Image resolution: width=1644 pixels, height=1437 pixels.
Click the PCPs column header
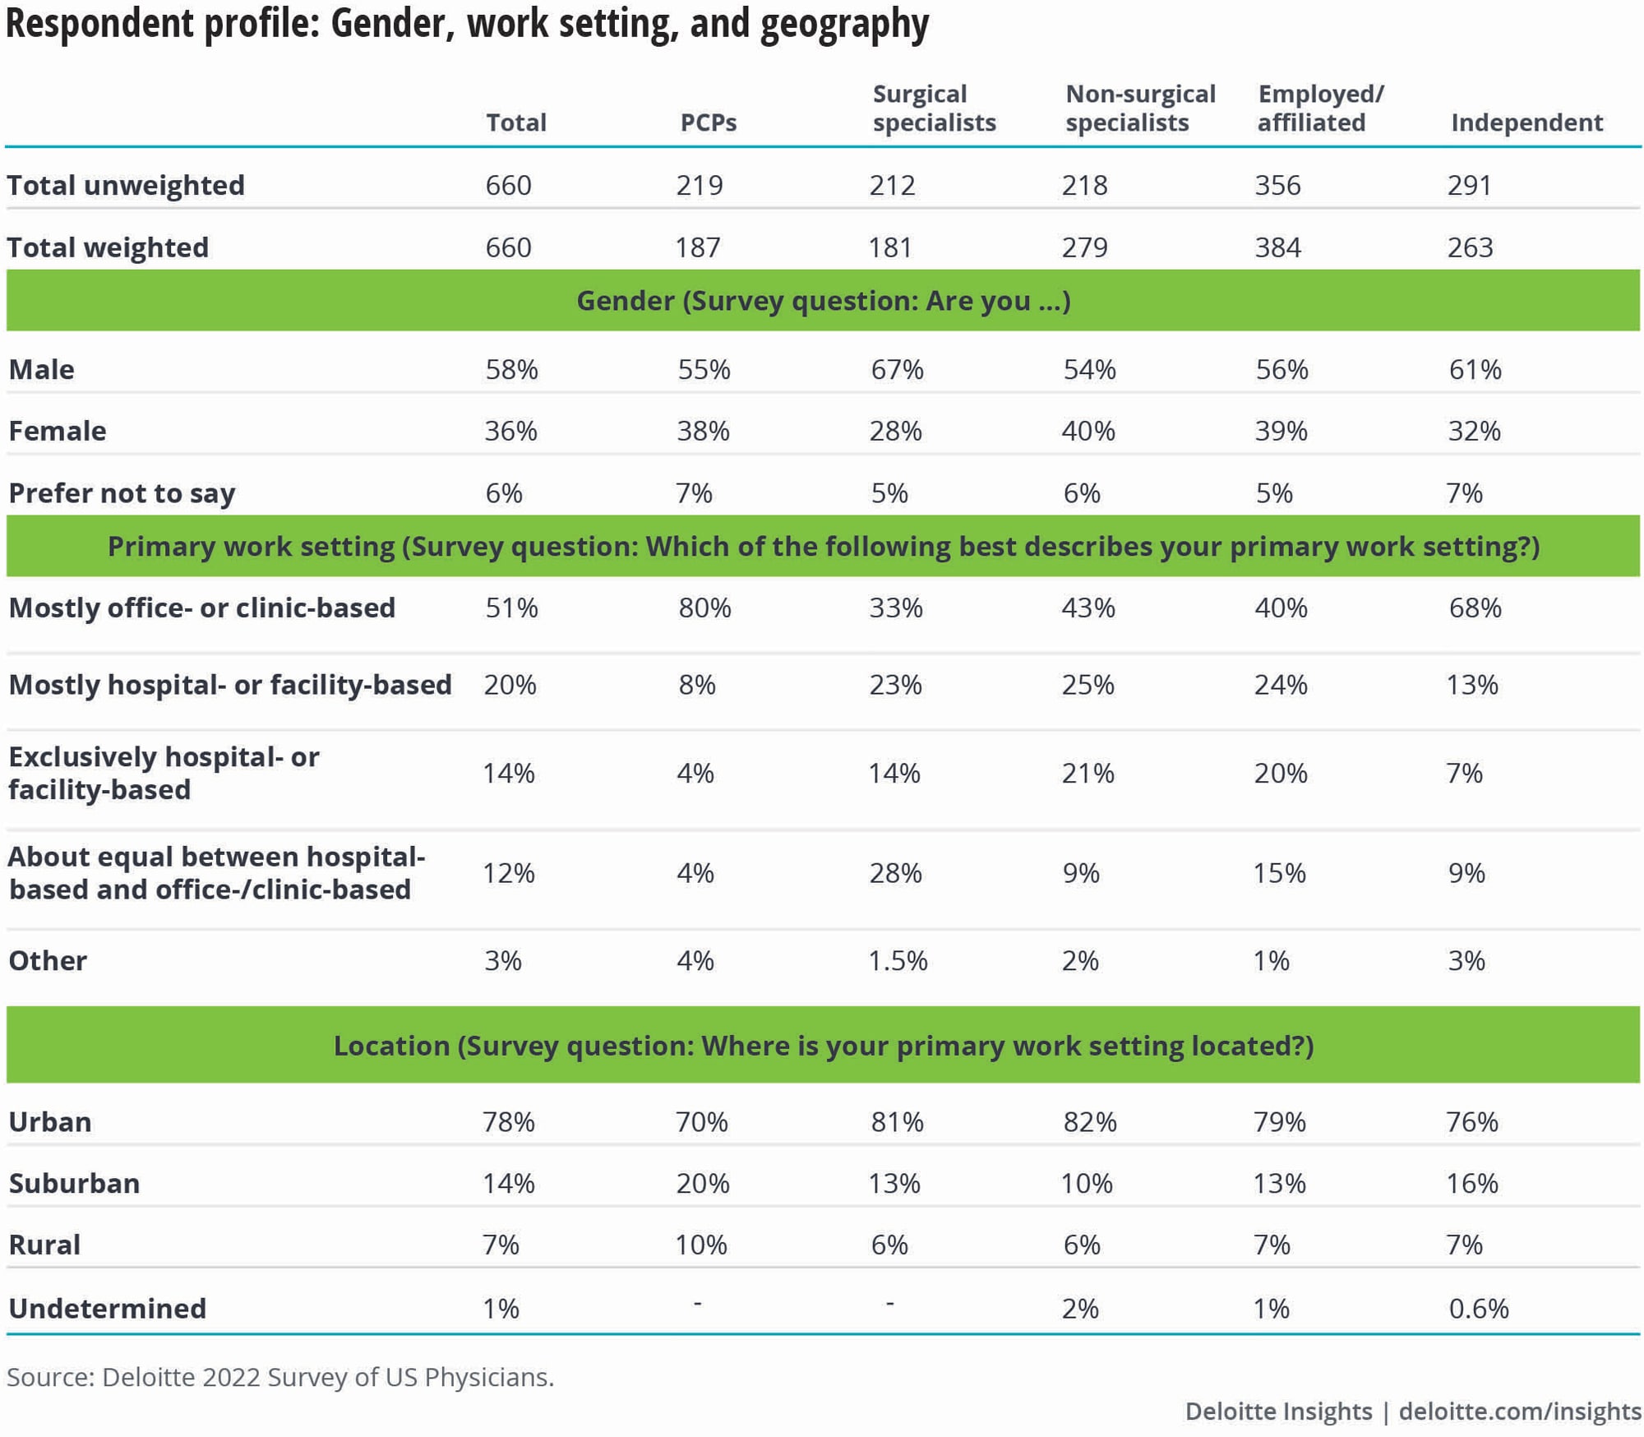click(708, 122)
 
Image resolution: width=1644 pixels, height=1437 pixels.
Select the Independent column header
click(1526, 122)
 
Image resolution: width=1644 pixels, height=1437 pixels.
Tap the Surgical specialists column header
click(934, 109)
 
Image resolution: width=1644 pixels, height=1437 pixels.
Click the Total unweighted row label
click(126, 185)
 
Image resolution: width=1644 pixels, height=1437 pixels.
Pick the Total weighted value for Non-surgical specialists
click(1084, 247)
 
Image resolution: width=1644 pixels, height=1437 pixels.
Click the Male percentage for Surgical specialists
click(897, 369)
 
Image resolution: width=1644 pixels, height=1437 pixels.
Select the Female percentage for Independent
click(1474, 431)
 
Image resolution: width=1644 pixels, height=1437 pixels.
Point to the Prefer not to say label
click(122, 493)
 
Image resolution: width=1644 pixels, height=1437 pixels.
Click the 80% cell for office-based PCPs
click(704, 608)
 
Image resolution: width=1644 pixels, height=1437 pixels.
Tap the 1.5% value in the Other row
click(898, 960)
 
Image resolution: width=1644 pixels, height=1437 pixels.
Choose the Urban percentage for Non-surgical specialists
click(1089, 1121)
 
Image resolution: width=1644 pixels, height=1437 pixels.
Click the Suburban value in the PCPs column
click(702, 1183)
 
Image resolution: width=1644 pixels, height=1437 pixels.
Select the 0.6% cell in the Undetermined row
click(1478, 1308)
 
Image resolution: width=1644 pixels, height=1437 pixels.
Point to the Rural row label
click(44, 1245)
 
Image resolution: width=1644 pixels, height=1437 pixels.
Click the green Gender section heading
click(823, 301)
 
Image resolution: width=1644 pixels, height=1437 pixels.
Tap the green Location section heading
click(823, 1045)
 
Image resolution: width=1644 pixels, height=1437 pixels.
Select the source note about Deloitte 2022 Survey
click(280, 1377)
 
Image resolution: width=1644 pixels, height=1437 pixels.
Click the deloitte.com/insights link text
click(1520, 1411)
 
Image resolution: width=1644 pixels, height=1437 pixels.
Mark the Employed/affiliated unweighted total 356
click(1277, 185)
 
